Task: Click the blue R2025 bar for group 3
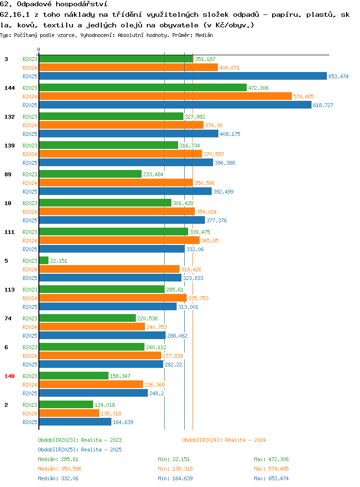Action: click(183, 76)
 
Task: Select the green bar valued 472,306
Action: click(143, 87)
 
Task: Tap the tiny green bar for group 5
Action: click(44, 261)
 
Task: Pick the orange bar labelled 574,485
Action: click(166, 96)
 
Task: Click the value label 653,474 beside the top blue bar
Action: click(338, 76)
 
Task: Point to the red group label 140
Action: click(10, 376)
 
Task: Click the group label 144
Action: click(10, 88)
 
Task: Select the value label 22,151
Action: click(59, 261)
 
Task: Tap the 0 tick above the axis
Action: click(38, 49)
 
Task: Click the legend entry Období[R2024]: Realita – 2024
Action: click(224, 440)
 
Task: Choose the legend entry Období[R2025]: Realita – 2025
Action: click(80, 450)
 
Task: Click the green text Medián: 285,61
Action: click(58, 459)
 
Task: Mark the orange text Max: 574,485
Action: click(271, 469)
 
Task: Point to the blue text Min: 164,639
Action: click(175, 479)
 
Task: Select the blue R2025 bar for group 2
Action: click(75, 422)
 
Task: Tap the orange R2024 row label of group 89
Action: click(30, 183)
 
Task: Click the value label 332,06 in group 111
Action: click(195, 249)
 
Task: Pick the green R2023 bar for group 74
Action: click(87, 318)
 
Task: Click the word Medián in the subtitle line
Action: click(204, 35)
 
